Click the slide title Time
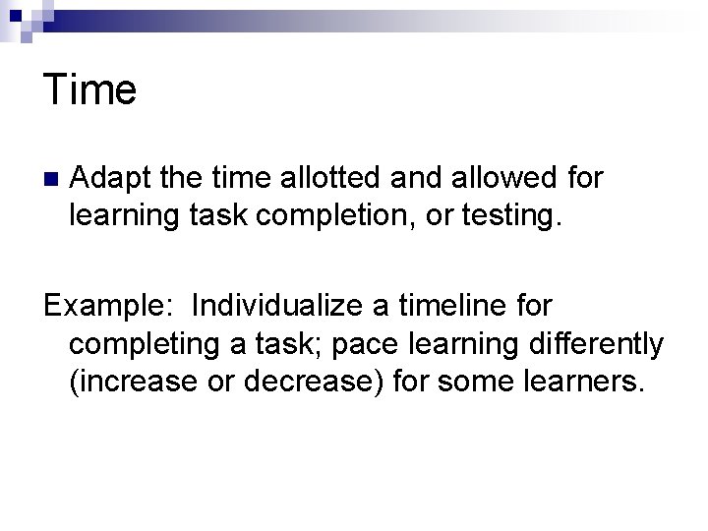(90, 90)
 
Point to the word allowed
(494, 178)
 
